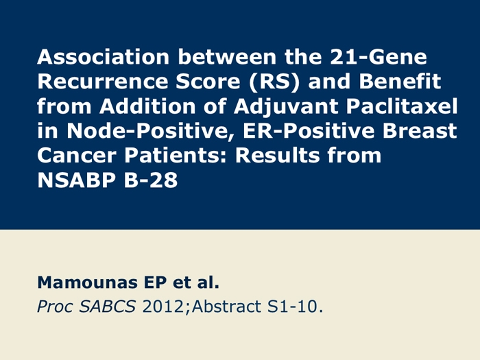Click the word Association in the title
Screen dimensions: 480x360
(x=103, y=57)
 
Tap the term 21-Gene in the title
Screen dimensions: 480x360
(x=379, y=57)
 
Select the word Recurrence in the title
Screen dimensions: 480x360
(x=103, y=82)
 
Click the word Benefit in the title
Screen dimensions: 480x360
(x=400, y=82)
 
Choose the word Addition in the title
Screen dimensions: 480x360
(x=147, y=106)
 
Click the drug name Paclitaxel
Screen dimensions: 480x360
(x=402, y=106)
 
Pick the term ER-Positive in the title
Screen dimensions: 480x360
(x=309, y=131)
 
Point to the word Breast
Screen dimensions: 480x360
(x=420, y=131)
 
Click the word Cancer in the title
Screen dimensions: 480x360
(x=77, y=155)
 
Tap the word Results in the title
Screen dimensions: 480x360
(x=277, y=155)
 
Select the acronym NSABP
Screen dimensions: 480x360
(x=76, y=180)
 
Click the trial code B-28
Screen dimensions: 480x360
(x=151, y=180)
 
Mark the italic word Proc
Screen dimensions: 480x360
(x=55, y=307)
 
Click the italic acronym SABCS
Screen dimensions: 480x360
(x=108, y=307)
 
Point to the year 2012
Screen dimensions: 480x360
(x=163, y=307)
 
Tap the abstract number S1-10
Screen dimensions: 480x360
(x=293, y=307)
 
